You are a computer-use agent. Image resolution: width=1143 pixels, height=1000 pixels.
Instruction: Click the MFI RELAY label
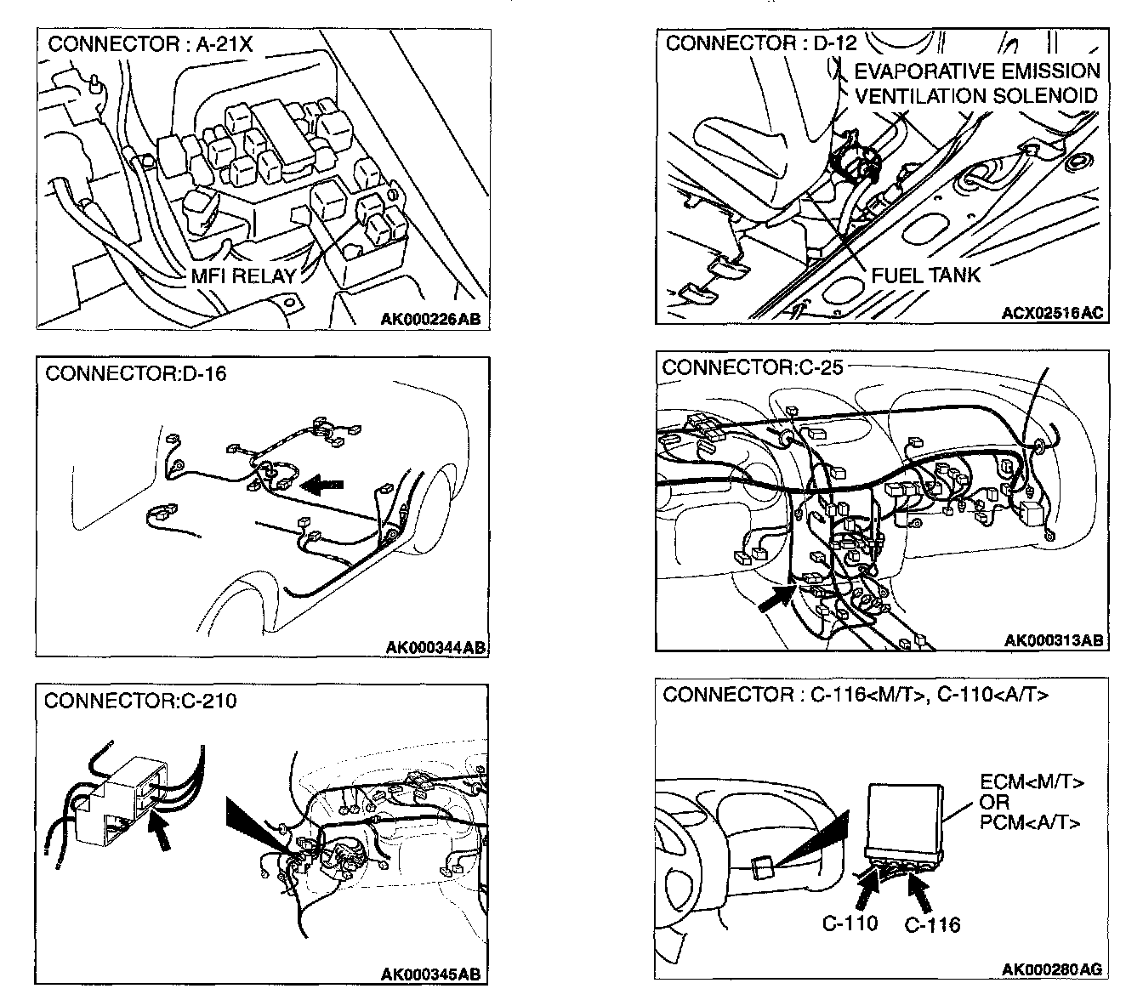[x=243, y=276]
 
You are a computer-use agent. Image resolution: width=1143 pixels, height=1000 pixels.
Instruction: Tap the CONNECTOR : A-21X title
[x=151, y=45]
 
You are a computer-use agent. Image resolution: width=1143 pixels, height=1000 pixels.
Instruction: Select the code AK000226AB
[x=430, y=319]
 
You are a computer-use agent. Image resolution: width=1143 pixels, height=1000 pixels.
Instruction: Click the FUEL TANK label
[x=926, y=275]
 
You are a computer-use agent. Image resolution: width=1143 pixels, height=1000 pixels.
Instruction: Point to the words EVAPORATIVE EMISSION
[x=977, y=71]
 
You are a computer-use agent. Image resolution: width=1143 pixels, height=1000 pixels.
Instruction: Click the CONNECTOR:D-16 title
[x=136, y=373]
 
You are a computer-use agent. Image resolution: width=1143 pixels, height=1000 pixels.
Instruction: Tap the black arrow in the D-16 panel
[x=321, y=485]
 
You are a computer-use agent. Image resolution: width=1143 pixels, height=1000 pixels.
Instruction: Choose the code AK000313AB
[x=1054, y=640]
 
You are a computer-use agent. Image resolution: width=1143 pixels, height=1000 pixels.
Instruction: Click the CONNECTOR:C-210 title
[x=140, y=701]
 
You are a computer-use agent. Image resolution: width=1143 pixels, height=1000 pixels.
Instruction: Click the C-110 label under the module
[x=850, y=923]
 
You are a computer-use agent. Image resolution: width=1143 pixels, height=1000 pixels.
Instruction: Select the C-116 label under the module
[x=932, y=925]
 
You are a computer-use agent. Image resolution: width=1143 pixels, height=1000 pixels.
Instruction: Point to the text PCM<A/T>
[x=1031, y=822]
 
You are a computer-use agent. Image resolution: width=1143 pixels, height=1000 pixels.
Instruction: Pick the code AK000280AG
[x=1051, y=969]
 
